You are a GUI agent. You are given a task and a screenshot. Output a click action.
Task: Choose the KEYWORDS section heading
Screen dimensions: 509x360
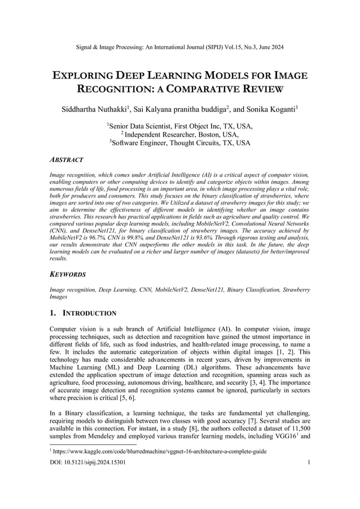68,274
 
